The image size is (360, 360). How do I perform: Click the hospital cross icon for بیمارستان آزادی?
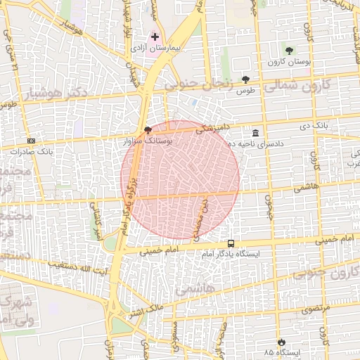pyautogui.click(x=155, y=36)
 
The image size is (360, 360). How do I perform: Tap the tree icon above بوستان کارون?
pyautogui.click(x=289, y=50)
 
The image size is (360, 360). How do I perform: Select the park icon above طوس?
pyautogui.click(x=245, y=79)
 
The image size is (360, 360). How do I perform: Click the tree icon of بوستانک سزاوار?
pyautogui.click(x=147, y=130)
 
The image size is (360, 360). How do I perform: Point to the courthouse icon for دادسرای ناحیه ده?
pyautogui.click(x=255, y=133)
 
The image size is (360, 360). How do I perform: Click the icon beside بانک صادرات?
pyautogui.click(x=31, y=141)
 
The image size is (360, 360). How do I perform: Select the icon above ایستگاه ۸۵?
pyautogui.click(x=282, y=340)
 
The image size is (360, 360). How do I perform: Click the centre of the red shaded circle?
pyautogui.click(x=181, y=179)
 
